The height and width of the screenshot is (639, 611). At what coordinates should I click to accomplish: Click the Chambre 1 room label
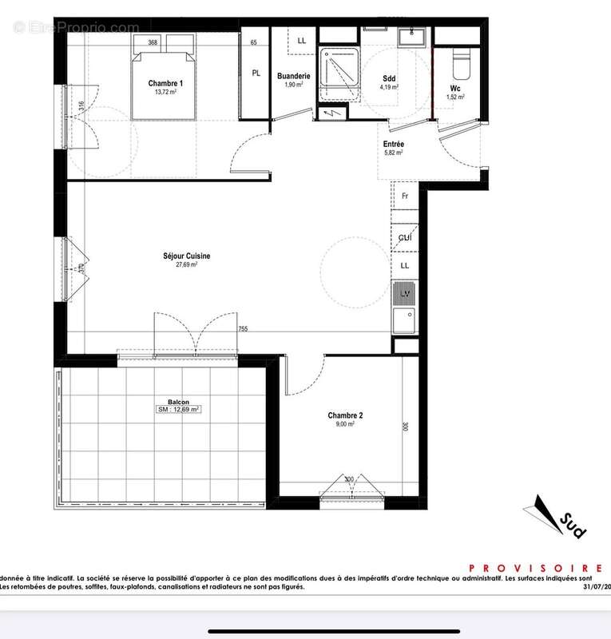tap(166, 84)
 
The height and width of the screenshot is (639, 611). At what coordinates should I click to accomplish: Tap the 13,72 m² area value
tap(166, 92)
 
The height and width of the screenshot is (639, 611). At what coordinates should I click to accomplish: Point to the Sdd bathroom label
tap(390, 78)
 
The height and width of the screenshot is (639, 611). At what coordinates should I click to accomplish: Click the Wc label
tap(454, 88)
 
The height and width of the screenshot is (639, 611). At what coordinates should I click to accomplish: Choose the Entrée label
tap(393, 144)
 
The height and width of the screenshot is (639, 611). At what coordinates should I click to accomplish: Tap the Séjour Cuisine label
tap(187, 256)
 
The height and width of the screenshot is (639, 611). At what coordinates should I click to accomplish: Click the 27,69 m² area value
tap(187, 264)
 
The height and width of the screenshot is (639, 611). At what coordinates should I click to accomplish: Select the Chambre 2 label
tap(345, 415)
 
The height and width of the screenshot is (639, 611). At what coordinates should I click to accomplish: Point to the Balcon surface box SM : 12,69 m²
tap(178, 409)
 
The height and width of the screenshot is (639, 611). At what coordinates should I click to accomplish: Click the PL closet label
tap(256, 73)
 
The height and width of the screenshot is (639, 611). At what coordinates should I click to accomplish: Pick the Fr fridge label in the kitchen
tap(405, 196)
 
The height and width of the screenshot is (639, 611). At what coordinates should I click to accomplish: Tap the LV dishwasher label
tap(405, 294)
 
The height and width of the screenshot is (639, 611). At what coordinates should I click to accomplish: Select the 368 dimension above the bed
tap(153, 42)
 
